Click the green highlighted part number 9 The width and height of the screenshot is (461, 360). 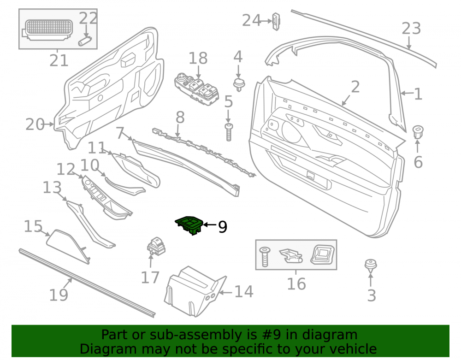[x=189, y=225]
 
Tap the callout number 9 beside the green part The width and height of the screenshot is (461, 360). [x=223, y=227]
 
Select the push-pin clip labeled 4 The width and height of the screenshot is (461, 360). [x=239, y=85]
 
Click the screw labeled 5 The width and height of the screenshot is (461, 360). [x=229, y=132]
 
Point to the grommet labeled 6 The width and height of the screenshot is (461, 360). [x=418, y=132]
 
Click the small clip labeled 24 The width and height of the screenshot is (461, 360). [x=276, y=22]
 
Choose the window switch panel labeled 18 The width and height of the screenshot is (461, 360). [x=197, y=89]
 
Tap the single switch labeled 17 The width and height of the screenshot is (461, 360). [x=156, y=246]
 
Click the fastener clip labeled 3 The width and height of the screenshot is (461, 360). [x=371, y=266]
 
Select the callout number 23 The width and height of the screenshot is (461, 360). [x=411, y=29]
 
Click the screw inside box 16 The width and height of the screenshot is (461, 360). [x=265, y=257]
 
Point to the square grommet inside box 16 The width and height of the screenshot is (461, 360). [x=323, y=254]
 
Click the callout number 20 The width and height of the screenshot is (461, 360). [x=35, y=124]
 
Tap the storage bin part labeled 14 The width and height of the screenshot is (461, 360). [x=195, y=291]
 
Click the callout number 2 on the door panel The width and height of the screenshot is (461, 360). [x=355, y=87]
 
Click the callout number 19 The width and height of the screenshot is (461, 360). [x=59, y=295]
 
